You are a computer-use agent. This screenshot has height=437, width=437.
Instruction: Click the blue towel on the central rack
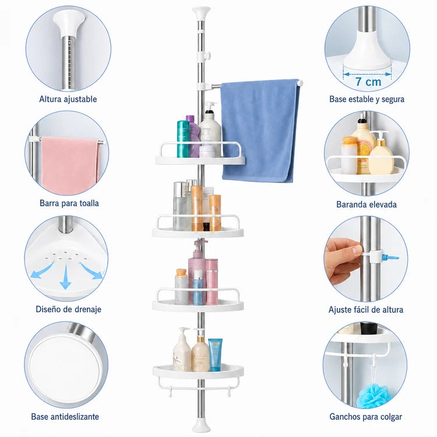coord(259,131)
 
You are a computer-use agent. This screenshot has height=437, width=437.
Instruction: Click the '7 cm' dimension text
coord(368,82)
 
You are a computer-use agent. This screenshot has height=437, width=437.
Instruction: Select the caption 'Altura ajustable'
coord(68,99)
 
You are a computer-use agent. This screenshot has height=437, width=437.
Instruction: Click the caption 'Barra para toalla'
coord(69,203)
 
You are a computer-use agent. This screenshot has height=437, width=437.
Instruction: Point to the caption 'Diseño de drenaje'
coord(68,309)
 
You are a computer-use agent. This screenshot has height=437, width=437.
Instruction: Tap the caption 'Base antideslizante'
coord(65,417)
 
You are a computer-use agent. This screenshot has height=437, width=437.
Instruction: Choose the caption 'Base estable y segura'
coord(366,99)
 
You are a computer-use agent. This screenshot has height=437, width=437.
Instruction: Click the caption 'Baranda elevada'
coord(366,205)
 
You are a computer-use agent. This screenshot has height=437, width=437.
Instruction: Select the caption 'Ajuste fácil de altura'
coord(366,309)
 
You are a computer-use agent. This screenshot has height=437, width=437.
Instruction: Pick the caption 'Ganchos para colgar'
coord(366,417)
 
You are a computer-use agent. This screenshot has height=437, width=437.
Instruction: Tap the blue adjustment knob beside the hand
coord(390,257)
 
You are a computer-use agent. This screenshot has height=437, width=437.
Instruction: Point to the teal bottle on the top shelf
coord(183,139)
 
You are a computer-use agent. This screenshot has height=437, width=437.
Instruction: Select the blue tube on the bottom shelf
coord(216,354)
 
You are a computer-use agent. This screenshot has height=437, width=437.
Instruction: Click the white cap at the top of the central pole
coord(201,13)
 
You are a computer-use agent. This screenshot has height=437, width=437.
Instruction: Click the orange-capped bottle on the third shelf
coord(181,287)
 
